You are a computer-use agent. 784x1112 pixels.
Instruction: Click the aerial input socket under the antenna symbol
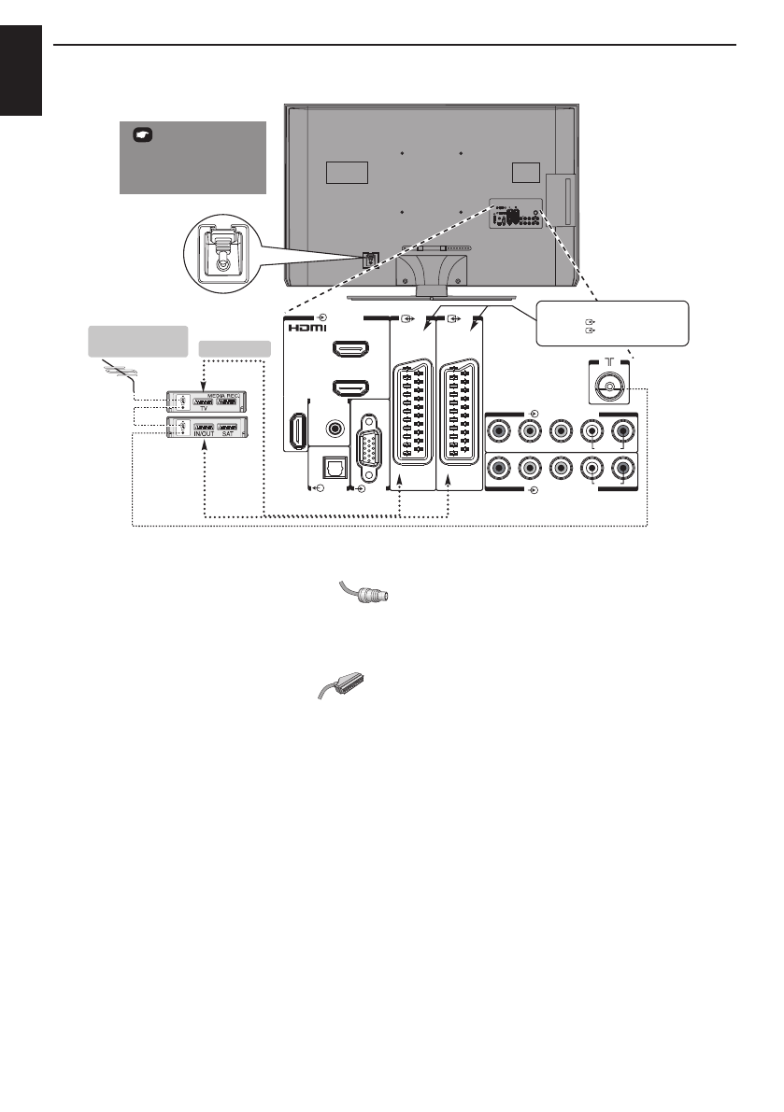click(609, 385)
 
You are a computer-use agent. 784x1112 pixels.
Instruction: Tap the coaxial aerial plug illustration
click(363, 595)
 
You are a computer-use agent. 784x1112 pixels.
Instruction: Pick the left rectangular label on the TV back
click(347, 173)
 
